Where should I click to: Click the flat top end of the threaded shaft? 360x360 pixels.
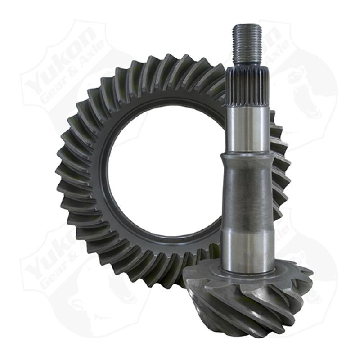(x=247, y=26)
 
